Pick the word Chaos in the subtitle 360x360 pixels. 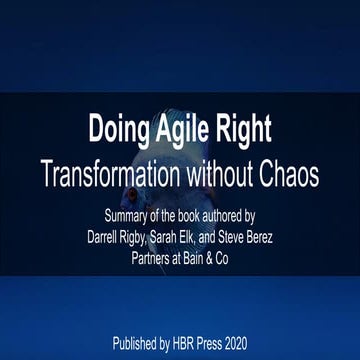[294, 174]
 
